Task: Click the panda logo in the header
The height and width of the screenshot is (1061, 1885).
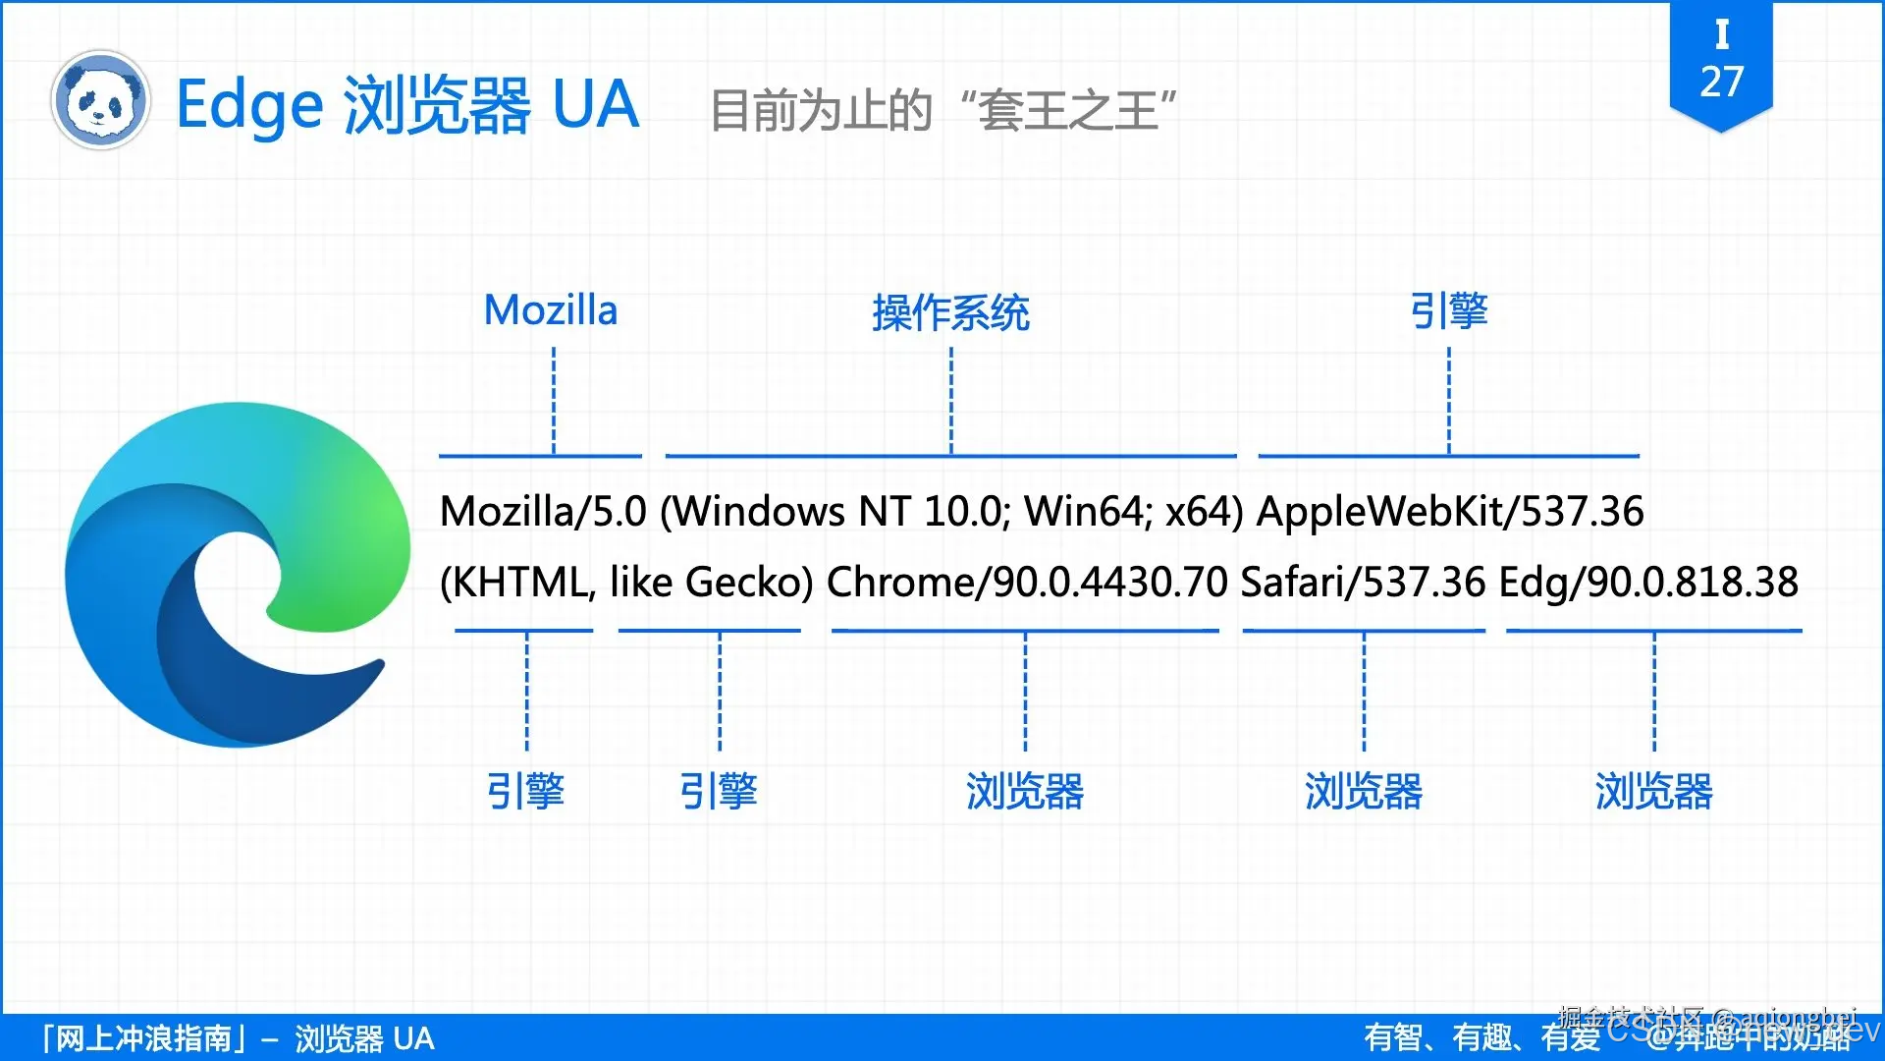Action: pos(100,100)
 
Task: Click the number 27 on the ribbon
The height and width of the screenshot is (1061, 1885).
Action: pos(1721,83)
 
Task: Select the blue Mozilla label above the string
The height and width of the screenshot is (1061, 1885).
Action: pos(551,310)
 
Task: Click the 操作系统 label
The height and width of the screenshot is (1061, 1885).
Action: pos(950,313)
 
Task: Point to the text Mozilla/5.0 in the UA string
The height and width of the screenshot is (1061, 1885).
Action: pos(543,512)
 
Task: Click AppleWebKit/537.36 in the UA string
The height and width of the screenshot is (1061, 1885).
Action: pos(1450,512)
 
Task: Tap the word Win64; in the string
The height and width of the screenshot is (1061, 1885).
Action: pos(1088,512)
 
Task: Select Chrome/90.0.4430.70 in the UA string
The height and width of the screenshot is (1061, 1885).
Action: pos(1027,583)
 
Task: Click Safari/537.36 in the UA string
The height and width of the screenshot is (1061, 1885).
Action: pos(1363,583)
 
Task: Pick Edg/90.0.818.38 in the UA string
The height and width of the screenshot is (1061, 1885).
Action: pos(1648,583)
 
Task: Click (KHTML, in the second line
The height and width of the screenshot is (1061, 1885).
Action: pos(517,583)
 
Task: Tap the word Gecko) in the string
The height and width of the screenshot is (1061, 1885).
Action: pos(749,583)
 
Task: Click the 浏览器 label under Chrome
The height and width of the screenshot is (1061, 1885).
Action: pos(1025,791)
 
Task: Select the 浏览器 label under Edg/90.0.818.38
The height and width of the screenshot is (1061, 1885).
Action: pos(1653,791)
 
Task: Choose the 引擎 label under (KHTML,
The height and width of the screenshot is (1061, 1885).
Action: pos(526,791)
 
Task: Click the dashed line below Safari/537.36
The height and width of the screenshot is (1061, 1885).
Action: pos(1364,693)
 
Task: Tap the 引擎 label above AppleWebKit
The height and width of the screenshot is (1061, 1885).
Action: pos(1449,311)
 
